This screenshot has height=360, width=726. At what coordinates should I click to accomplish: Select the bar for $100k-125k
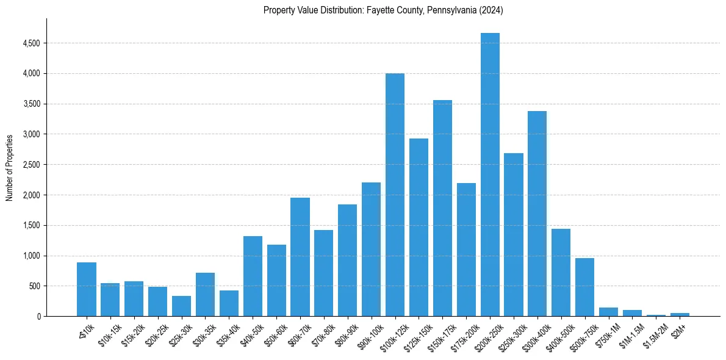point(395,195)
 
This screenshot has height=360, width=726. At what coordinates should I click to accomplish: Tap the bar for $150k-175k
point(442,208)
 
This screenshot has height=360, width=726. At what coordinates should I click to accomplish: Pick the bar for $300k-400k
point(537,214)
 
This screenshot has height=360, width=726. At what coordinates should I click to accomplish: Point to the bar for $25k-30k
point(181,306)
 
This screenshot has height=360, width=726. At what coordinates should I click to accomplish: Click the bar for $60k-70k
point(300,257)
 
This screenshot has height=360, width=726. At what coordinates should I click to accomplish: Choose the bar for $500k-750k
point(584,287)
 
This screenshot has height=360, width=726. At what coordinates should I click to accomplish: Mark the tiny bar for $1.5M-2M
point(656,315)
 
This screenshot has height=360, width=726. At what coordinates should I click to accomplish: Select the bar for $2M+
point(680,314)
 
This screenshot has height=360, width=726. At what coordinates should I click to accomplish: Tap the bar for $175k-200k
point(466,250)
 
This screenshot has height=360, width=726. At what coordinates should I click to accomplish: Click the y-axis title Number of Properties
point(9,168)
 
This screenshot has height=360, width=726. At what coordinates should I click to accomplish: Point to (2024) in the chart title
point(491,10)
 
